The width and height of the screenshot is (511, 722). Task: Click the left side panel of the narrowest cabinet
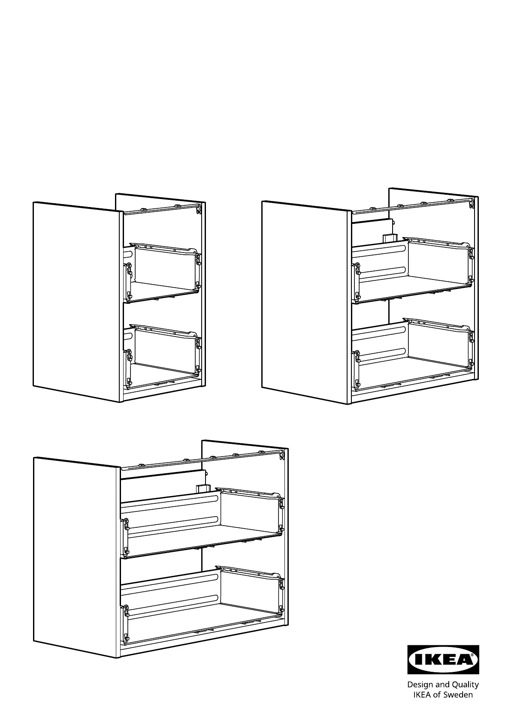77,301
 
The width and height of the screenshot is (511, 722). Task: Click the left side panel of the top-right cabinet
306,302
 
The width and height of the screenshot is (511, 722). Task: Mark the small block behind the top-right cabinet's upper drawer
387,238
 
